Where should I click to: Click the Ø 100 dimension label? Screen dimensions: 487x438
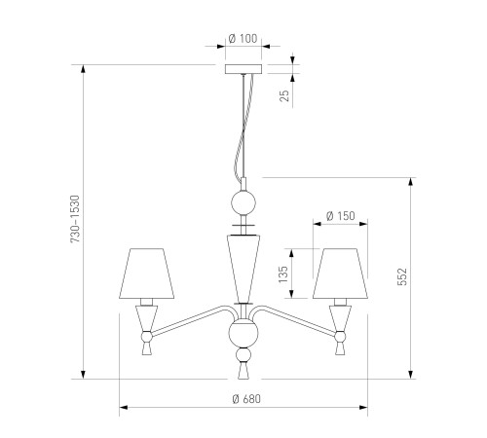click(x=243, y=39)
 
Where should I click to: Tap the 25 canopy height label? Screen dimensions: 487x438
click(x=284, y=95)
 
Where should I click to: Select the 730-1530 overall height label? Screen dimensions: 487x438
click(x=75, y=219)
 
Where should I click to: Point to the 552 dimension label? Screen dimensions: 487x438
click(x=402, y=276)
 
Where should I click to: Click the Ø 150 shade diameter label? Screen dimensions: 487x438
click(x=341, y=216)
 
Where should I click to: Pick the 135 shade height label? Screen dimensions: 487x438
click(x=283, y=274)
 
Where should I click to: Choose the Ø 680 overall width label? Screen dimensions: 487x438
click(x=246, y=399)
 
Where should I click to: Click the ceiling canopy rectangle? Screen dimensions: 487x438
click(x=243, y=69)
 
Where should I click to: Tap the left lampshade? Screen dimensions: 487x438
click(x=147, y=274)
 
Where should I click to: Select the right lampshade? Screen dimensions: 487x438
click(x=340, y=274)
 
